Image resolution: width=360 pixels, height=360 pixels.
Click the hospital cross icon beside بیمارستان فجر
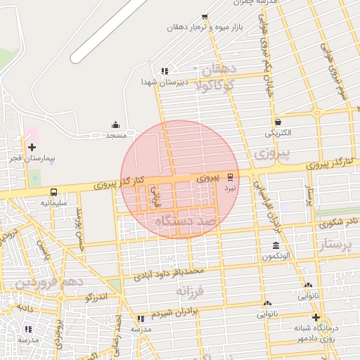(32, 147)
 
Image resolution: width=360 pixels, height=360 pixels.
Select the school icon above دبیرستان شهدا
(165, 71)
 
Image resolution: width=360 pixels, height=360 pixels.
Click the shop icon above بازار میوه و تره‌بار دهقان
(205, 17)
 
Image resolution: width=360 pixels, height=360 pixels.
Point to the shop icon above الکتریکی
(278, 122)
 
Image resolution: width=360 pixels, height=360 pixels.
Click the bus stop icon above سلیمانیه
(54, 192)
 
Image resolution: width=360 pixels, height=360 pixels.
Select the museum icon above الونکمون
(275, 246)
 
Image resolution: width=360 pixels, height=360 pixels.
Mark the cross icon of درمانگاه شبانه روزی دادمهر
(316, 317)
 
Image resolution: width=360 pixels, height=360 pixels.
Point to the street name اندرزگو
(96, 297)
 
